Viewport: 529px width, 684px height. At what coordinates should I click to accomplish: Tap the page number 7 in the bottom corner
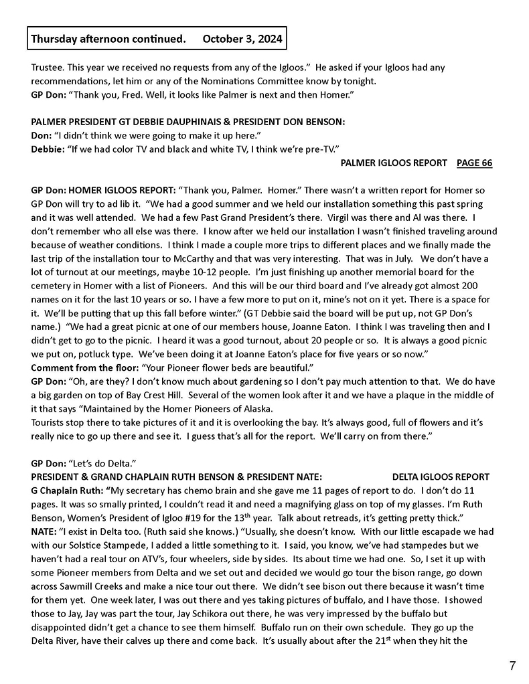(x=512, y=665)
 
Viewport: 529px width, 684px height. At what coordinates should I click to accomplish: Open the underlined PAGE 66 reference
(x=474, y=163)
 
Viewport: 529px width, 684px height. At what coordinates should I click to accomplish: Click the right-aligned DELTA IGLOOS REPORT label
(x=441, y=477)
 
